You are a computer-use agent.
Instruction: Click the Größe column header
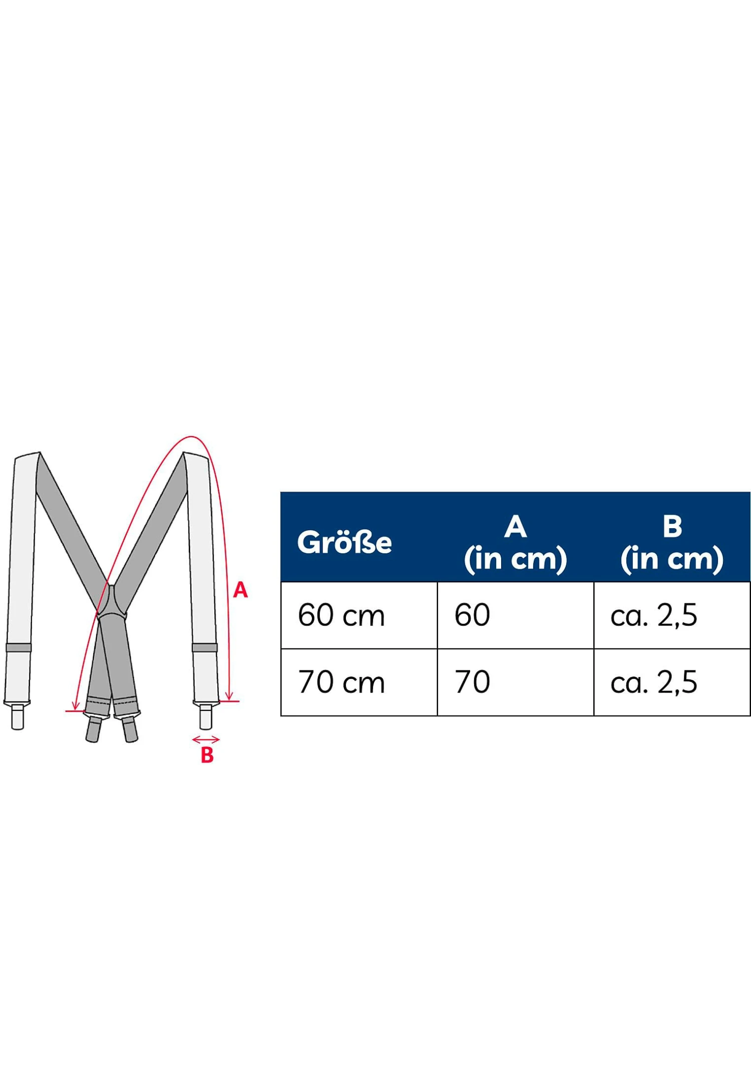tap(344, 543)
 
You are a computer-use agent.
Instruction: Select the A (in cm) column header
tap(515, 543)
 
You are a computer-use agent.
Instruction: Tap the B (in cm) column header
tap(672, 543)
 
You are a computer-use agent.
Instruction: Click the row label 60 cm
tap(341, 615)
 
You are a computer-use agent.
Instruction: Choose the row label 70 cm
tap(341, 682)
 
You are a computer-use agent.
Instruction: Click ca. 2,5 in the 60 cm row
tap(653, 616)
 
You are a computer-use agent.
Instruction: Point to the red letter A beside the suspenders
tap(240, 590)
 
